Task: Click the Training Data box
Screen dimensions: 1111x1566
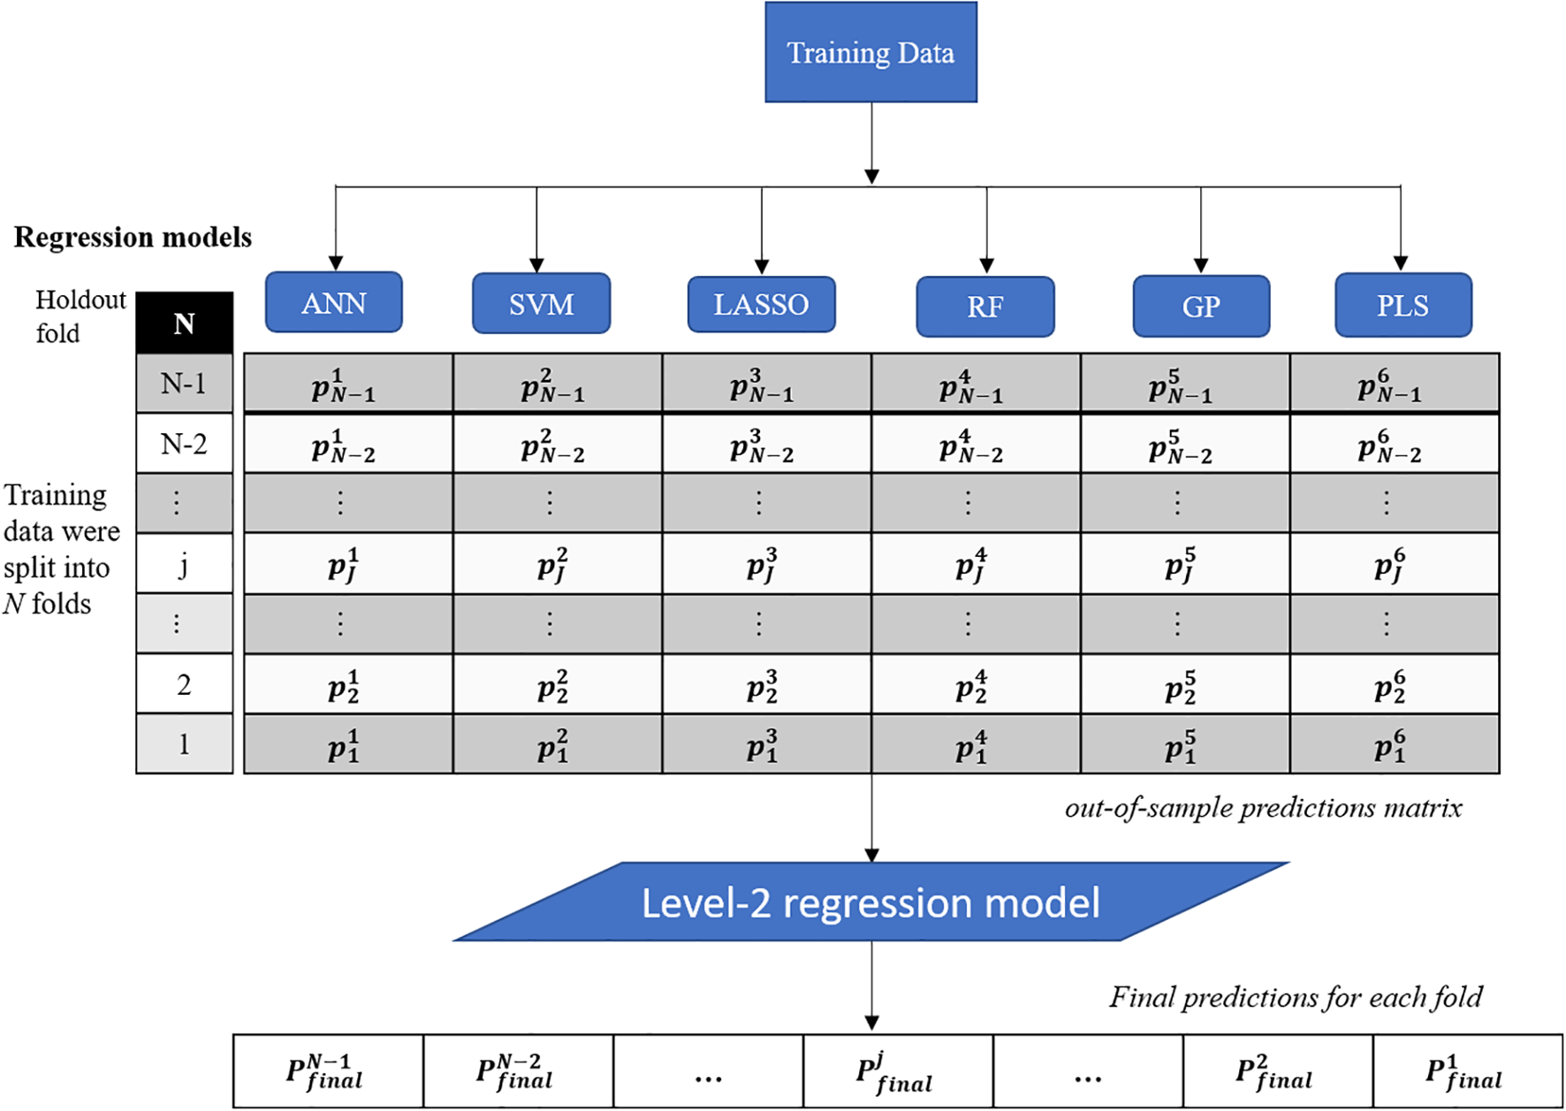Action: pos(870,52)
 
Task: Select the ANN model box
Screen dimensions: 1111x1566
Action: pos(333,303)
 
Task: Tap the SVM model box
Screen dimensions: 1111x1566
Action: pos(541,304)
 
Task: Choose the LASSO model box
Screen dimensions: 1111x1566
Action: pos(761,305)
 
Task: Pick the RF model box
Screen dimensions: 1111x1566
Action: pos(984,307)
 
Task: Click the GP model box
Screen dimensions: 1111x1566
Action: pos(1201,307)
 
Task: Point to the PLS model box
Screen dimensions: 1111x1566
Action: pos(1403,306)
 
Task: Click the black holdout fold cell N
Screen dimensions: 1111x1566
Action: pos(184,323)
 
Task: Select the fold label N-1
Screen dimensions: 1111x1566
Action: pos(184,384)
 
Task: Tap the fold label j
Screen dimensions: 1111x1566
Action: pos(184,564)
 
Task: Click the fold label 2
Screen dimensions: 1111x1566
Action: pos(184,684)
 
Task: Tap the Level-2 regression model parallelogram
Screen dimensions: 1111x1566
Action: pos(870,902)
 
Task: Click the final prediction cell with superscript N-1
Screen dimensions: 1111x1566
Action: pos(328,1071)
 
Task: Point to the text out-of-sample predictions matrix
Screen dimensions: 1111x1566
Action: pos(1263,808)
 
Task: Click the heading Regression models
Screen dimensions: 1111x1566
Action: pos(133,237)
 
